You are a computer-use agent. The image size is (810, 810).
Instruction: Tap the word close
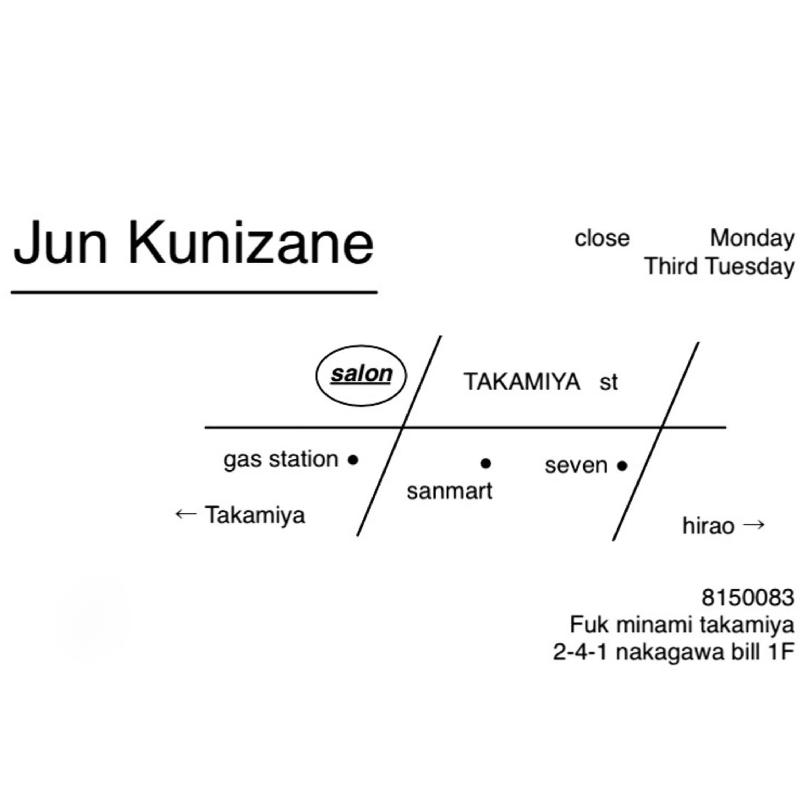coord(602,239)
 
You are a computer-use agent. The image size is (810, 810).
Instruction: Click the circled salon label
coord(361,374)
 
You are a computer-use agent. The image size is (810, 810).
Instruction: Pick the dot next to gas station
coord(353,460)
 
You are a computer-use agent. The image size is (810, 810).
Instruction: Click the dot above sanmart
coord(486,463)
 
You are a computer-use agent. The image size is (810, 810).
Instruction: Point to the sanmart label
coord(450,491)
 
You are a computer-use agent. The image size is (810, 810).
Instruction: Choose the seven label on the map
coord(576,465)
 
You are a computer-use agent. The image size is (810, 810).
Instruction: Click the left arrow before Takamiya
coord(186,514)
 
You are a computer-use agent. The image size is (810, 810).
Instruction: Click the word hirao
coord(708,526)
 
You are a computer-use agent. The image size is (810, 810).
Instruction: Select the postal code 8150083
coord(748,597)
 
